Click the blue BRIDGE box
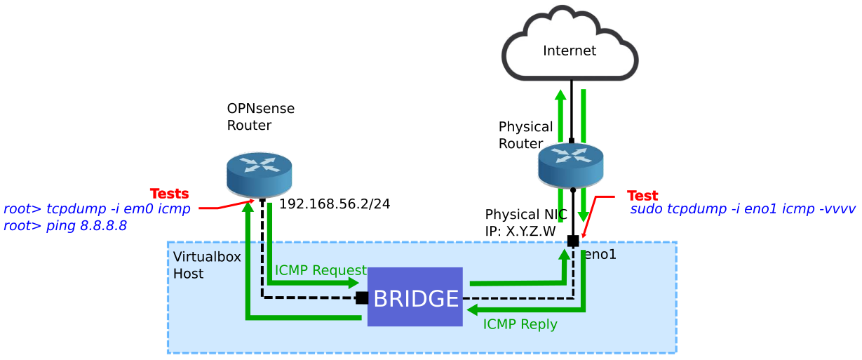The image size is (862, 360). click(415, 297)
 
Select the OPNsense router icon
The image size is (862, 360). click(259, 175)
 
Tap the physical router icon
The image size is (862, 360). click(570, 166)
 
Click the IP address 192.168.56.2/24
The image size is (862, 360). click(335, 204)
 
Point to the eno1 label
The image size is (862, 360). click(600, 255)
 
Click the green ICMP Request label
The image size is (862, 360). click(321, 270)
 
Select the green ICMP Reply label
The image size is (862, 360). click(520, 324)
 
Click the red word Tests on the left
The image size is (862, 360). click(169, 194)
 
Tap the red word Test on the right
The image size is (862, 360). click(642, 196)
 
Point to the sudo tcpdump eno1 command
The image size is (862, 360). click(743, 209)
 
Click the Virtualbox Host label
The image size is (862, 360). click(206, 265)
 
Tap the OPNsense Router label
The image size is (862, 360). click(260, 117)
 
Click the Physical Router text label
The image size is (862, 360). click(525, 135)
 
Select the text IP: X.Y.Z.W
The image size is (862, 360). click(520, 231)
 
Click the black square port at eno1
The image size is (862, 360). click(573, 241)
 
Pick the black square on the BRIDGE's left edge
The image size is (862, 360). click(362, 298)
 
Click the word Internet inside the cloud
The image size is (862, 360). click(570, 51)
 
